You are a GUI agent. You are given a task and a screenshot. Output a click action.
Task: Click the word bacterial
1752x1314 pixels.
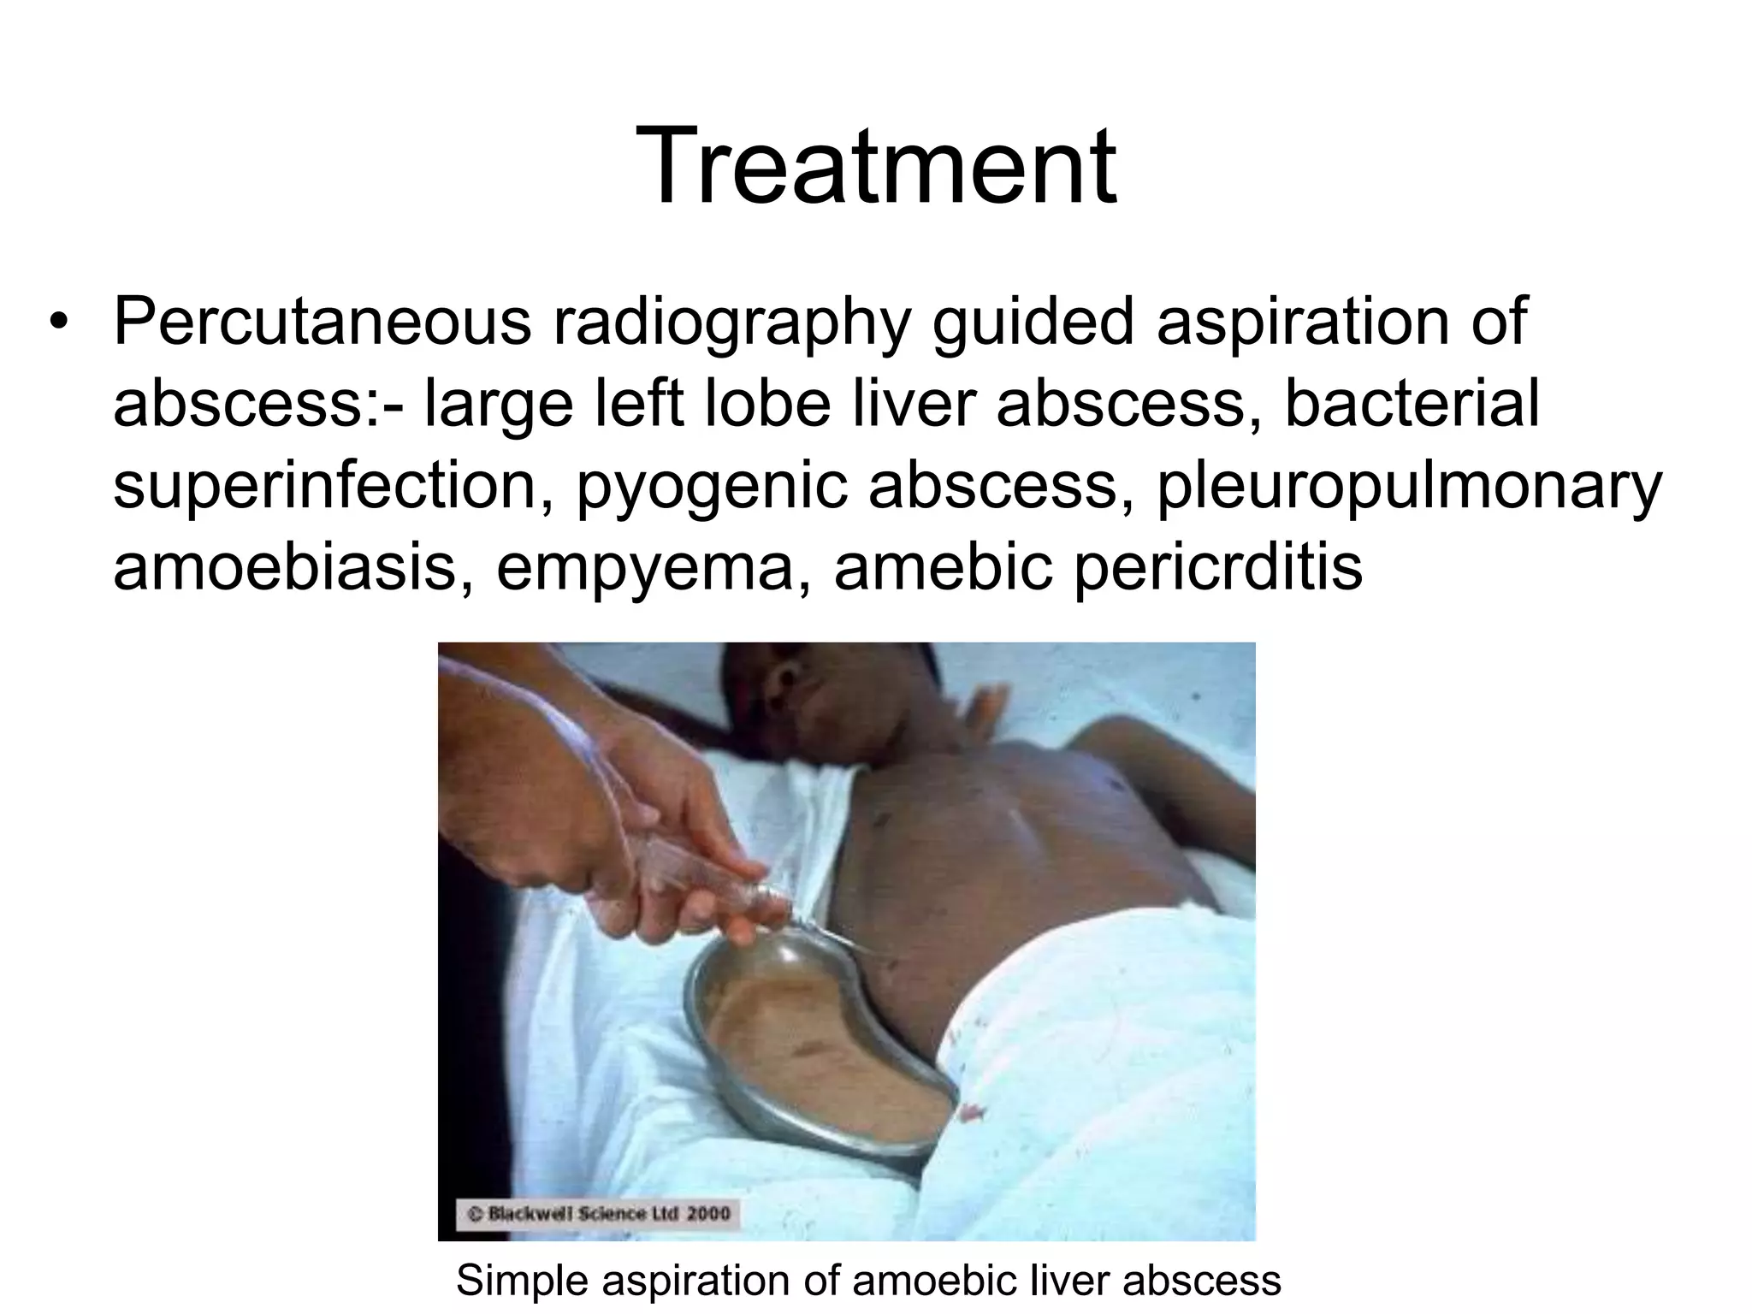click(1412, 404)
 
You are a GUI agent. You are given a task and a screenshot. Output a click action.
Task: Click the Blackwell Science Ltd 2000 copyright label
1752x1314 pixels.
click(598, 1212)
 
